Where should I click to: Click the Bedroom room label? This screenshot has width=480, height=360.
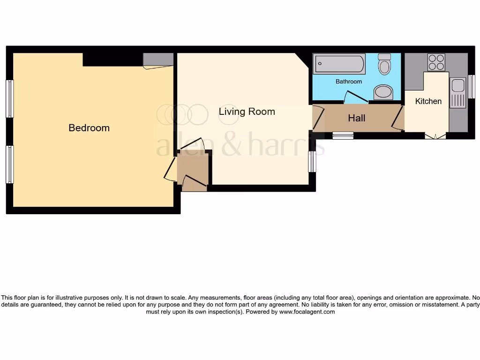point(89,128)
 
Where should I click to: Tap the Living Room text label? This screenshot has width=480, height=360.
point(247,112)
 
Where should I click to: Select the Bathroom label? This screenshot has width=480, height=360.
point(349,82)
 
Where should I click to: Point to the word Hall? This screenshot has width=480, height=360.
point(356,118)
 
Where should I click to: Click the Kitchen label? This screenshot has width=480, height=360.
point(428,101)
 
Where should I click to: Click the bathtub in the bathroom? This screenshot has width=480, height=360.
point(340,64)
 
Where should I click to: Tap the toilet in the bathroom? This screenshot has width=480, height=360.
point(384,64)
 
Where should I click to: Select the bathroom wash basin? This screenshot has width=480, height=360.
point(383,92)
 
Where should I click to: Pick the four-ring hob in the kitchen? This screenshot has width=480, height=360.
point(436,62)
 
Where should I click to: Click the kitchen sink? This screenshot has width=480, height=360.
point(457,93)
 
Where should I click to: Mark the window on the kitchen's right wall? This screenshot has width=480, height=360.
point(471,87)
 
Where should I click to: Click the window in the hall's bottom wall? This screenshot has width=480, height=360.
point(343,136)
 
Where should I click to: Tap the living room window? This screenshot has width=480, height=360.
point(312,162)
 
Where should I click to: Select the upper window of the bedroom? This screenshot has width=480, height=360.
point(9,99)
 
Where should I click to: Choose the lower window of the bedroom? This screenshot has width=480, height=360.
point(9,164)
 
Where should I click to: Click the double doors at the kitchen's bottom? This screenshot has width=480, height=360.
point(435,136)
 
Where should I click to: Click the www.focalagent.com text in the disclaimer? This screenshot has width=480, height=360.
point(307,312)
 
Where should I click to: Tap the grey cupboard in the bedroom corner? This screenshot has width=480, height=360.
point(158,60)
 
